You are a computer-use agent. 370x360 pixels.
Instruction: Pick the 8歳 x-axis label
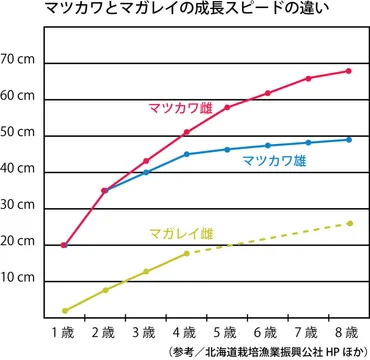[348, 330]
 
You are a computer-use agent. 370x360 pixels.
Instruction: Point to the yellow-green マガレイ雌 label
[177, 233]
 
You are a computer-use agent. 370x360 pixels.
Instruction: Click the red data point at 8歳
[348, 71]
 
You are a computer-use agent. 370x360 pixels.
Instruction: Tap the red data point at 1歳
[65, 245]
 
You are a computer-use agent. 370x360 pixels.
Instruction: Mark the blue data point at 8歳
[348, 139]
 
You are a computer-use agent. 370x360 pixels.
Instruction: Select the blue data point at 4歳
[187, 154]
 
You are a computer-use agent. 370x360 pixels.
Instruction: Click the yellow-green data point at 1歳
[65, 310]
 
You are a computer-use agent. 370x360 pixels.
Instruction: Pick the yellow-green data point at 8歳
[348, 223]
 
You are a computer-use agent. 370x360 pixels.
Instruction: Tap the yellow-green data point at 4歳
[187, 254]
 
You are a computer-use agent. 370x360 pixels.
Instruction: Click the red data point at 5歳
[227, 107]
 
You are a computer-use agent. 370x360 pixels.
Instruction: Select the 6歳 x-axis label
[267, 330]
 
